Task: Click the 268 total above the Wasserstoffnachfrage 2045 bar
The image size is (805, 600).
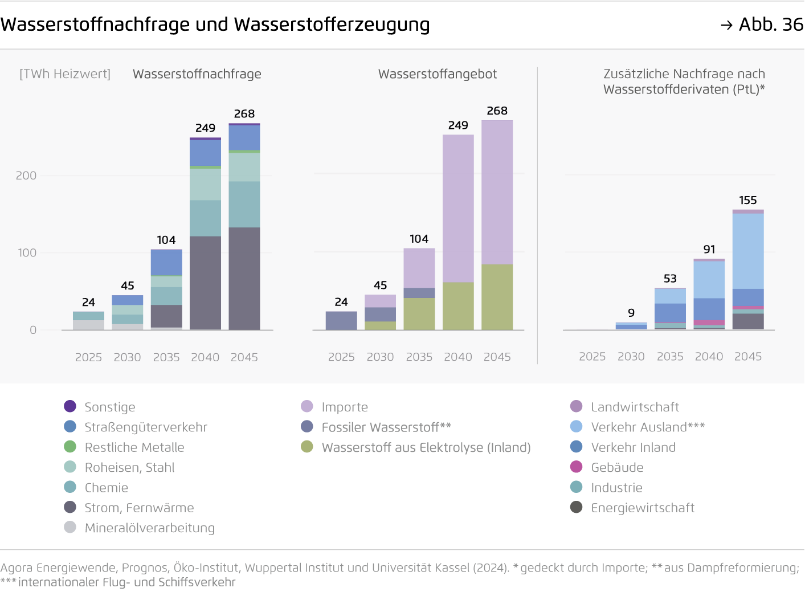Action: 244,114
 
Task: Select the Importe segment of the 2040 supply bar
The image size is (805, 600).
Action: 458,208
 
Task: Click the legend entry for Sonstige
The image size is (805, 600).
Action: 109,407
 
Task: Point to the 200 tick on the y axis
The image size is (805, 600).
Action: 26,175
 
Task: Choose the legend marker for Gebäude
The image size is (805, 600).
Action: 577,467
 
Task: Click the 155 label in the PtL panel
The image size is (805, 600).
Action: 748,201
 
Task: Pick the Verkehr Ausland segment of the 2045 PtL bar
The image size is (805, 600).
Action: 748,251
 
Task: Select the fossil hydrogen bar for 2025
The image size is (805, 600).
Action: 341,320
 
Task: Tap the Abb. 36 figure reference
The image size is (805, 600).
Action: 770,25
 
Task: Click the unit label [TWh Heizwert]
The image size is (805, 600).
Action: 65,74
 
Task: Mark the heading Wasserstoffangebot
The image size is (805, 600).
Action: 438,74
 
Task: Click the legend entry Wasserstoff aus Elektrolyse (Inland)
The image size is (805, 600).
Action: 426,447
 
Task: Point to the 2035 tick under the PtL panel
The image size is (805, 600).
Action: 670,357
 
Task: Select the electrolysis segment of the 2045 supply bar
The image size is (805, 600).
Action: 497,297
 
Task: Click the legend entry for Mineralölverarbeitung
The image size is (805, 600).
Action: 149,528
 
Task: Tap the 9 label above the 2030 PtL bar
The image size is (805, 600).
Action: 631,313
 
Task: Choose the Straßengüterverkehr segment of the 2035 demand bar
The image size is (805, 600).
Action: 166,263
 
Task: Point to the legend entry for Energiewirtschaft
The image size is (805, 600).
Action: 642,508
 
